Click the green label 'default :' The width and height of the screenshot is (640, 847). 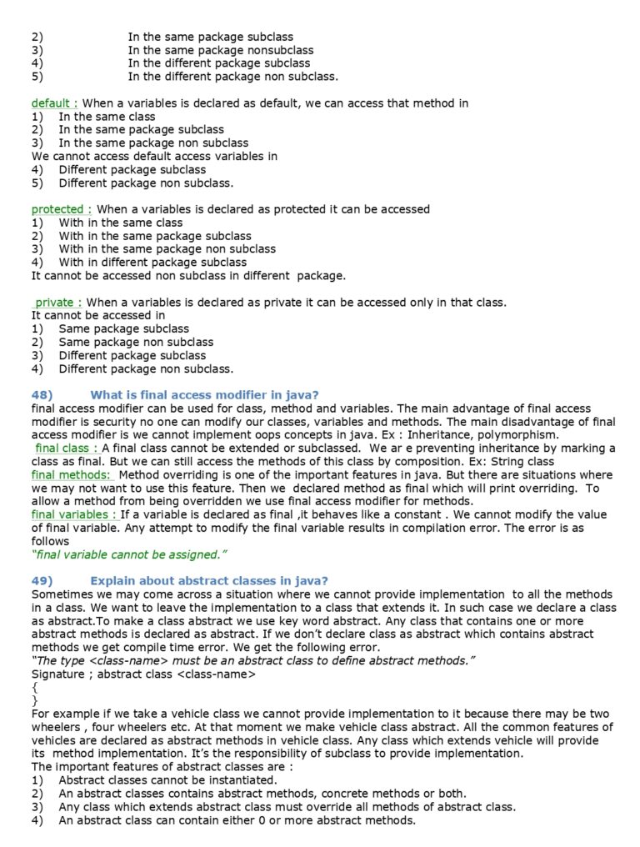tap(54, 103)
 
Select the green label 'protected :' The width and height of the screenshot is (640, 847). tap(61, 209)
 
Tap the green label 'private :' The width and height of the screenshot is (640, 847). tap(57, 303)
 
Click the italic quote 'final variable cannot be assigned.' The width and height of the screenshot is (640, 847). tap(129, 554)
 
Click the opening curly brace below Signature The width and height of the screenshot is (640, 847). tap(34, 688)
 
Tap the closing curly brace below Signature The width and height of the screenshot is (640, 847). tap(34, 701)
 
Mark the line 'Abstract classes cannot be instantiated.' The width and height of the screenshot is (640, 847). tap(167, 780)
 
